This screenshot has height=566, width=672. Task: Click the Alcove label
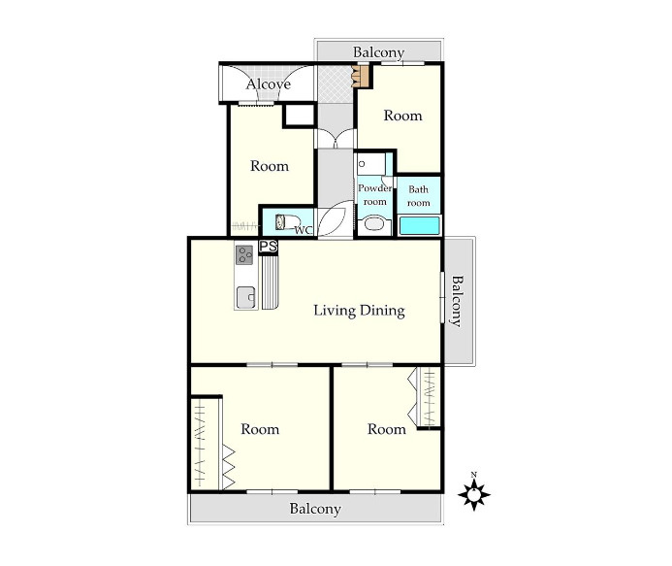[x=269, y=84]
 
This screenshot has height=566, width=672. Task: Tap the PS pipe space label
[x=269, y=247]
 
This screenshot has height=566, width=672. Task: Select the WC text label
[x=304, y=230]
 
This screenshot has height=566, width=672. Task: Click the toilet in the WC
[x=286, y=222]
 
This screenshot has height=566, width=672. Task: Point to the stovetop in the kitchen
[x=244, y=255]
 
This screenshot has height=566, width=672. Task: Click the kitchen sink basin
[x=246, y=297]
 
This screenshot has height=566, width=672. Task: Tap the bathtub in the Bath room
[x=420, y=225]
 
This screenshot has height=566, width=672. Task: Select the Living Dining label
[x=359, y=311]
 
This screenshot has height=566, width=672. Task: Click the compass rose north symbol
[x=473, y=494]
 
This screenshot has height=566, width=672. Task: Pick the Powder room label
[x=374, y=195]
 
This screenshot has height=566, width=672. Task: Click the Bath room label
[x=418, y=196]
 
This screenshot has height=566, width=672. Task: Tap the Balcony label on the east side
[x=458, y=301]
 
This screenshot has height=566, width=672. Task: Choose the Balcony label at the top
[x=378, y=52]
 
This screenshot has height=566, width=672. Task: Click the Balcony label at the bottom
[x=315, y=509]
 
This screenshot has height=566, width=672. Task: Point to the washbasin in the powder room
[x=373, y=225]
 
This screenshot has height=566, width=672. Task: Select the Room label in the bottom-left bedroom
[x=260, y=429]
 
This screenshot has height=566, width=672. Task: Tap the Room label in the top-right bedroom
[x=402, y=116]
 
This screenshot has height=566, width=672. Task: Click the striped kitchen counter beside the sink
[x=270, y=283]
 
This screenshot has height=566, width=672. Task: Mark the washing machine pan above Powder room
[x=371, y=163]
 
